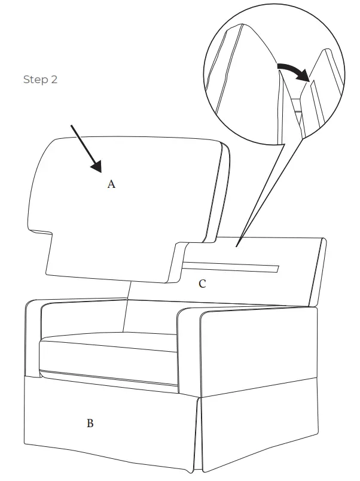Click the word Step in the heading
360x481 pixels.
pyautogui.click(x=35, y=80)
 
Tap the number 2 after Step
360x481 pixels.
pyautogui.click(x=54, y=80)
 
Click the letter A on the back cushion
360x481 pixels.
pyautogui.click(x=111, y=184)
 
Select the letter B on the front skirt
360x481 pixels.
pyautogui.click(x=90, y=424)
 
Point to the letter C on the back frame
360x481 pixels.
pyautogui.click(x=202, y=284)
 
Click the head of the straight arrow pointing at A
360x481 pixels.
pyautogui.click(x=97, y=169)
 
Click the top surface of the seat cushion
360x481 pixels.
pyautogui.click(x=108, y=346)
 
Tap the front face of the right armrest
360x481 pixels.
pyautogui.click(x=188, y=353)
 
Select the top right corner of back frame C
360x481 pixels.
pyautogui.click(x=324, y=240)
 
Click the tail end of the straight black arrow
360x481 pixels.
pyautogui.click(x=72, y=126)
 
